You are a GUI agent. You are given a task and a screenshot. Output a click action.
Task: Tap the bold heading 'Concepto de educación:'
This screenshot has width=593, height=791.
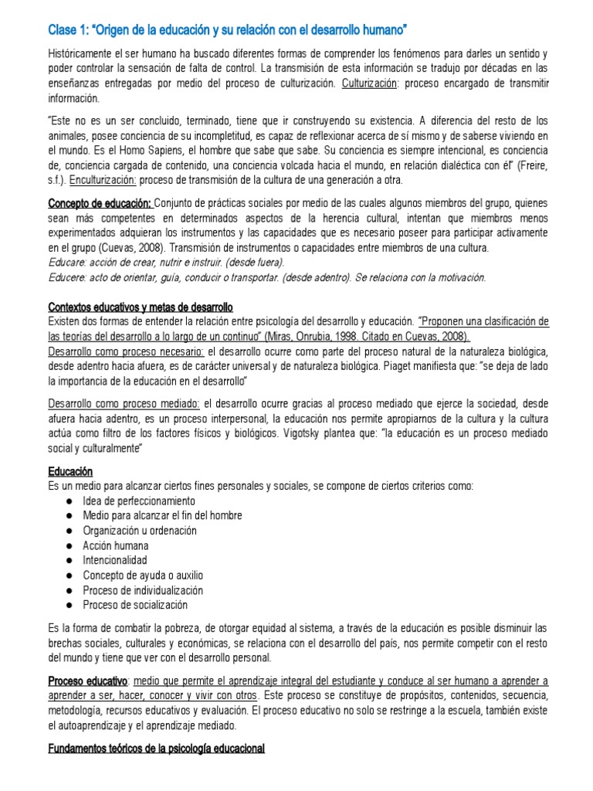(x=100, y=203)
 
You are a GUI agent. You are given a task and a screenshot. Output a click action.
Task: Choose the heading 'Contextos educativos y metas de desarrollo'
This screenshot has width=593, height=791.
(x=140, y=307)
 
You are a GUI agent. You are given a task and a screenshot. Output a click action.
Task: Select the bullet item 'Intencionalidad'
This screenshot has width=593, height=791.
(x=115, y=559)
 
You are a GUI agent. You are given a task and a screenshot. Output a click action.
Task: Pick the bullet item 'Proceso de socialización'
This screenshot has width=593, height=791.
(x=135, y=604)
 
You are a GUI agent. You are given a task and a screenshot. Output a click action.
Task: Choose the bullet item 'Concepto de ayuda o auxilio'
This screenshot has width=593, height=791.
(x=142, y=575)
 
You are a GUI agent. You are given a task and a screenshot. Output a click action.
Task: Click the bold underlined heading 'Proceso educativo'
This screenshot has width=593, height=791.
(x=87, y=681)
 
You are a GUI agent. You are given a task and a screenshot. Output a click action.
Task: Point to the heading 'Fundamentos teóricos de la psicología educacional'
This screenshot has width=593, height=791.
(x=156, y=748)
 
